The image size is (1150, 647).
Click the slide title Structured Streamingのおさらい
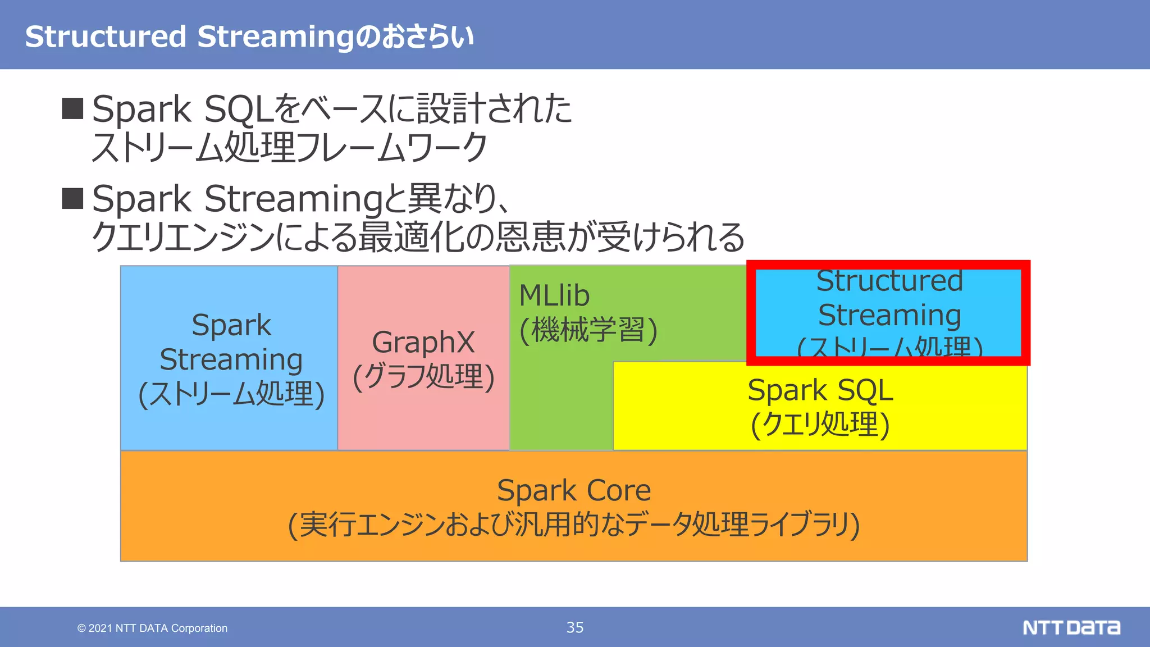(249, 37)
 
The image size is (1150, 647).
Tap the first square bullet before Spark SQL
(72, 108)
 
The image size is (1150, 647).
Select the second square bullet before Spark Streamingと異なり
(72, 198)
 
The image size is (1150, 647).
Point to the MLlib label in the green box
(554, 295)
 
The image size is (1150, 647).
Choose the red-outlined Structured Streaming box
(888, 312)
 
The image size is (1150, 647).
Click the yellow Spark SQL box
(820, 405)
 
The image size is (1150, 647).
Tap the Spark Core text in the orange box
(574, 490)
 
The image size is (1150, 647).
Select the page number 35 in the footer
(575, 627)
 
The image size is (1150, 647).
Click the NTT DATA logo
(1071, 627)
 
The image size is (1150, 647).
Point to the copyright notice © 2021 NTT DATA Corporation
(152, 628)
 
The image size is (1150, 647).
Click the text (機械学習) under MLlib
(588, 330)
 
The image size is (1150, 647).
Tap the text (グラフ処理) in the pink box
(423, 376)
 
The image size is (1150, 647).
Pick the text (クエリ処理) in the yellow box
(820, 424)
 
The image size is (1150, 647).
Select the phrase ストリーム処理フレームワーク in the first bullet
(289, 147)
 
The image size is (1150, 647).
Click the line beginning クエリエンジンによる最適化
(418, 236)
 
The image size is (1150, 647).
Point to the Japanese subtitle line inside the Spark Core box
(574, 525)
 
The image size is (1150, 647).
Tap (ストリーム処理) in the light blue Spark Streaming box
(231, 394)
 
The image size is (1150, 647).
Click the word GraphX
(423, 342)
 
